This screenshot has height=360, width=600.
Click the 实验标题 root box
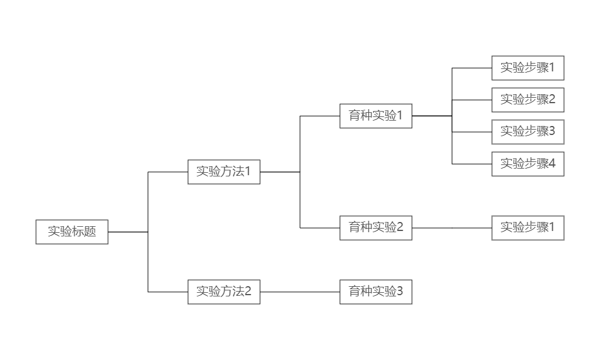pyautogui.click(x=72, y=232)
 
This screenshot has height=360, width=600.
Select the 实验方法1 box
pyautogui.click(x=224, y=172)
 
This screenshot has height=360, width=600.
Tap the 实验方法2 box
pyautogui.click(x=224, y=292)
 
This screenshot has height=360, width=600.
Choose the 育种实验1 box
pyautogui.click(x=376, y=116)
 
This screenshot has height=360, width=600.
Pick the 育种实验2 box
pyautogui.click(x=376, y=228)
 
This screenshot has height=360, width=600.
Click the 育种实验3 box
pyautogui.click(x=376, y=292)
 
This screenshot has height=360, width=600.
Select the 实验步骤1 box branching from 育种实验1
pyautogui.click(x=528, y=68)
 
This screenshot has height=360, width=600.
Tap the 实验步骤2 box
pyautogui.click(x=528, y=100)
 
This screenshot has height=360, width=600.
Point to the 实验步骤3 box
pyautogui.click(x=528, y=131)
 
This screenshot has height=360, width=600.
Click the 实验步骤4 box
pyautogui.click(x=528, y=164)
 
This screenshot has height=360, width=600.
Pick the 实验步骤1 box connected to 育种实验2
pyautogui.click(x=528, y=228)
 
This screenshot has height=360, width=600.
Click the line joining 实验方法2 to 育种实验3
pyautogui.click(x=300, y=292)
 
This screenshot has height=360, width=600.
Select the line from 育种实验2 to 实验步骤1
pyautogui.click(x=452, y=228)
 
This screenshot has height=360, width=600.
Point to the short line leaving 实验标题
pyautogui.click(x=128, y=232)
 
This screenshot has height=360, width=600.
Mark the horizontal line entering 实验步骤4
pyautogui.click(x=472, y=164)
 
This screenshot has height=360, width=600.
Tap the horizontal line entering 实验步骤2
pyautogui.click(x=472, y=100)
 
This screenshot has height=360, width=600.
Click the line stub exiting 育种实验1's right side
pyautogui.click(x=432, y=116)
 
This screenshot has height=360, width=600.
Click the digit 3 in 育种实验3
pyautogui.click(x=400, y=292)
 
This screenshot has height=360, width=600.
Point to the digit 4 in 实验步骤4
pyautogui.click(x=552, y=164)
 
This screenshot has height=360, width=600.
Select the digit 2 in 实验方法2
pyautogui.click(x=248, y=292)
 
